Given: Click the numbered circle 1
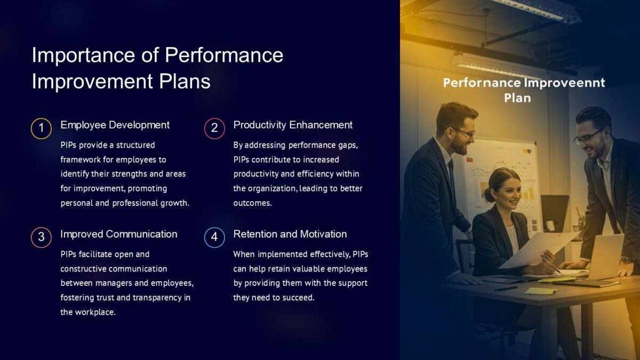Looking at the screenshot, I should [41, 129].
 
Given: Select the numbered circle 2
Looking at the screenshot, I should [214, 129].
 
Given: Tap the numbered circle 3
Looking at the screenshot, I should [41, 237].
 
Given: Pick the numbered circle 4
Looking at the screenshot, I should [214, 237].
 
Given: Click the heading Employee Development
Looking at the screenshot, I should [115, 125].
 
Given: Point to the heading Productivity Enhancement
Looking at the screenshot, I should [293, 125].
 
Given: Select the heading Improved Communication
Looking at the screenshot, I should [118, 234].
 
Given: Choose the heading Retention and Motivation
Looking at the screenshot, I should [290, 234].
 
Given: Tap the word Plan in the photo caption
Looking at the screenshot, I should [517, 98].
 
